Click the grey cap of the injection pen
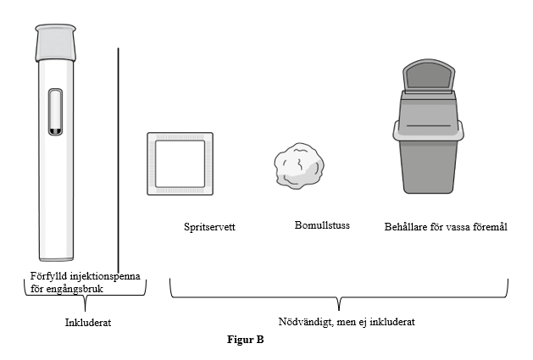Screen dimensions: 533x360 [x=55, y=42]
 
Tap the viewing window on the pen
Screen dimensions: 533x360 [x=55, y=112]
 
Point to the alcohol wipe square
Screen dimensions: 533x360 [x=180, y=163]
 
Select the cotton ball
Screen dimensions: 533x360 [x=299, y=166]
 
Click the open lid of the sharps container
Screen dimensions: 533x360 [x=429, y=75]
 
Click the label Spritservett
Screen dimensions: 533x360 [x=209, y=227]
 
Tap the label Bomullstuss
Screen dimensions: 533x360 [x=322, y=225]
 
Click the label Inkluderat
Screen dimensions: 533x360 [x=88, y=322]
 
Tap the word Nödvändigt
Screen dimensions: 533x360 [x=305, y=322]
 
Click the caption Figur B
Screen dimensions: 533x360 [x=246, y=340]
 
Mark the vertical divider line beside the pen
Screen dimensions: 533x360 [x=119, y=160]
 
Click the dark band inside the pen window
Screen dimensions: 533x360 [x=55, y=131]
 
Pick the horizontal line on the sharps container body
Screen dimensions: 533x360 [x=429, y=125]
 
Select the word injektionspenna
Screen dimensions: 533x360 [x=108, y=275]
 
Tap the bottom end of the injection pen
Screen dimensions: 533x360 [x=56, y=260]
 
